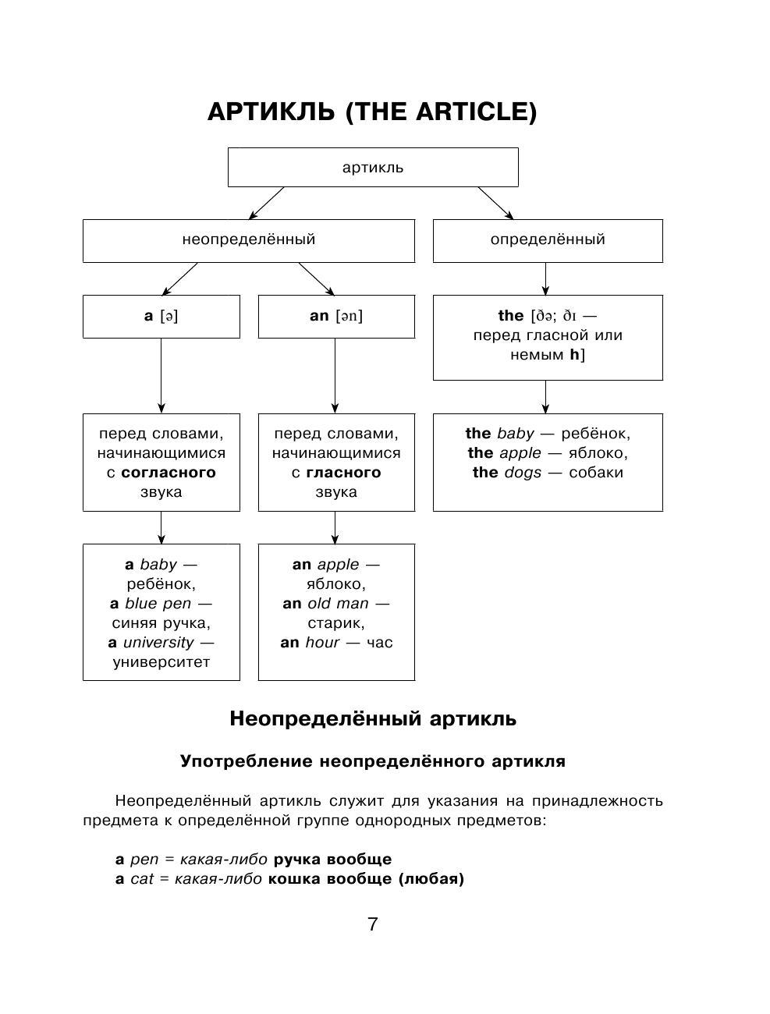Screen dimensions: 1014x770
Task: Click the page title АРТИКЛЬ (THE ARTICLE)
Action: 372,112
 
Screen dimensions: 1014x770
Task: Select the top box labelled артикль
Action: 372,168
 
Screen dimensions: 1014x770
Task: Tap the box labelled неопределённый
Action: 248,240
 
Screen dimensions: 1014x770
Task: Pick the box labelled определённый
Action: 547,240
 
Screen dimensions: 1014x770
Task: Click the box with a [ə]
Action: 161,316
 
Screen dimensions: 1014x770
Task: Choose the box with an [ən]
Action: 335,316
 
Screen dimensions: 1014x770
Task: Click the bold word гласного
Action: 343,473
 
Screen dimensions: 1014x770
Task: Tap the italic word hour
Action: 322,643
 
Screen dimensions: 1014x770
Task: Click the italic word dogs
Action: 522,473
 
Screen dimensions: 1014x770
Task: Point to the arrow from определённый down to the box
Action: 545,278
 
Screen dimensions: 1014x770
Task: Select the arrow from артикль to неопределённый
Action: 266,203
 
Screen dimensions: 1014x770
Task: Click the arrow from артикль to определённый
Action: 496,203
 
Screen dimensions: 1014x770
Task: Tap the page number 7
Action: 372,925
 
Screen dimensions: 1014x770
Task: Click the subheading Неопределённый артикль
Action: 372,718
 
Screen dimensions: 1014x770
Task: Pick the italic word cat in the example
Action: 141,879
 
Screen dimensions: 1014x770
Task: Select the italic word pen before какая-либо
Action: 144,860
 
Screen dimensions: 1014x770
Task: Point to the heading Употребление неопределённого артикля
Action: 372,761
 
